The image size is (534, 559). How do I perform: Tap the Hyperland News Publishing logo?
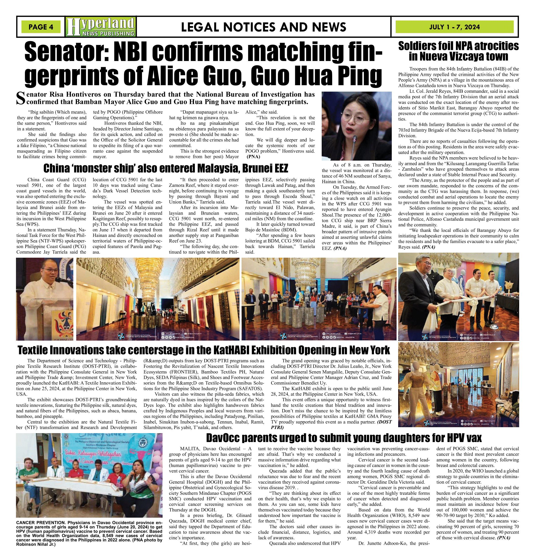pyautogui.click(x=100, y=27)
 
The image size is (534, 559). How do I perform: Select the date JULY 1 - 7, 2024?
pyautogui.click(x=454, y=27)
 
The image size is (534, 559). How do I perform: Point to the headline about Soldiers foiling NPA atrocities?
pyautogui.click(x=458, y=51)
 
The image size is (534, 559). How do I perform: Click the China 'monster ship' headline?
pyautogui.click(x=166, y=168)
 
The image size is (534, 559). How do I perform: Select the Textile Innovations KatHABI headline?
pyautogui.click(x=203, y=350)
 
